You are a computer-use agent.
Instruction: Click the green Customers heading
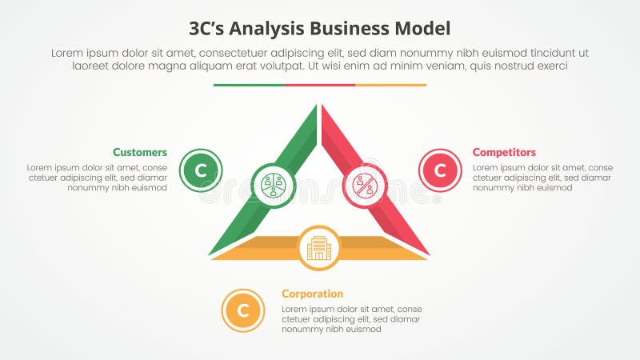point(140,152)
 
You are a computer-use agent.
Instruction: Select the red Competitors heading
point(504,152)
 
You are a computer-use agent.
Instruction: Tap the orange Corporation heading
point(312,294)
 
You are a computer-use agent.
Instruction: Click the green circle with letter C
point(201,170)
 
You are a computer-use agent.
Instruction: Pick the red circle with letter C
point(440,170)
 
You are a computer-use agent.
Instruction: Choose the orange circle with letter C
point(243,310)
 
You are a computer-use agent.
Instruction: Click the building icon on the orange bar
point(319,247)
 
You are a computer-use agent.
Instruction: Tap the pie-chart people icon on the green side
point(274,185)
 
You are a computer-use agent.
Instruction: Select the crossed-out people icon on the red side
point(365,185)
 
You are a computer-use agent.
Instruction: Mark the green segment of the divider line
point(249,85)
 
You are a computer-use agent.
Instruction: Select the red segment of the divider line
point(320,85)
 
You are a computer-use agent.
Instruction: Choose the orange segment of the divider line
point(390,85)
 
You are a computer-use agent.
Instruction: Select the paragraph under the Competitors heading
point(542,178)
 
